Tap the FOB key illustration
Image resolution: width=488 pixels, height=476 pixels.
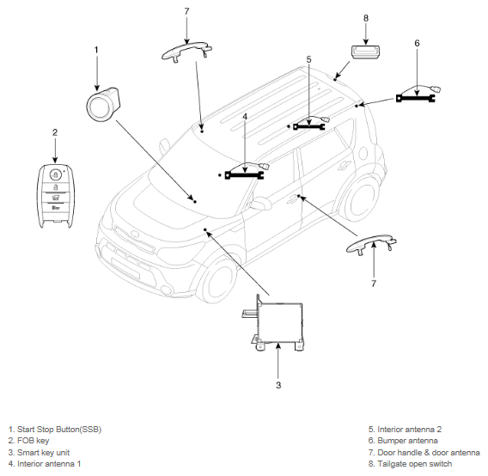56,196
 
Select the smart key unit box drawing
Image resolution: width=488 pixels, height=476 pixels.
274,323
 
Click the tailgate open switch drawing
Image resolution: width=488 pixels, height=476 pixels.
365,52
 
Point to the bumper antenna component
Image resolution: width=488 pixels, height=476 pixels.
417,95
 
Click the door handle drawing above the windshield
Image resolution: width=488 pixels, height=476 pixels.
186,52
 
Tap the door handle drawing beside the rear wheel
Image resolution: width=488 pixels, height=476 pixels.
372,244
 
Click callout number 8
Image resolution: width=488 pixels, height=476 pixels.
366,18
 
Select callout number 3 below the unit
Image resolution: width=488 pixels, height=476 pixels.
278,385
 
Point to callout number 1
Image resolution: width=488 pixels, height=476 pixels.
96,50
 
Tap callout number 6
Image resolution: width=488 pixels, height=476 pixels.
417,43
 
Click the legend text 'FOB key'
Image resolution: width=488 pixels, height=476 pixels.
33,441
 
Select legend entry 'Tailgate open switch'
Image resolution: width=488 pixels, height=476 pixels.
410,464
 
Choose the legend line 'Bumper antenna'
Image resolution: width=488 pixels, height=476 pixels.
403,441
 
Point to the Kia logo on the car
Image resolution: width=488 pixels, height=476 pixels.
135,234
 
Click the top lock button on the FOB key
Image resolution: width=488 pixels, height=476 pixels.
55,174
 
